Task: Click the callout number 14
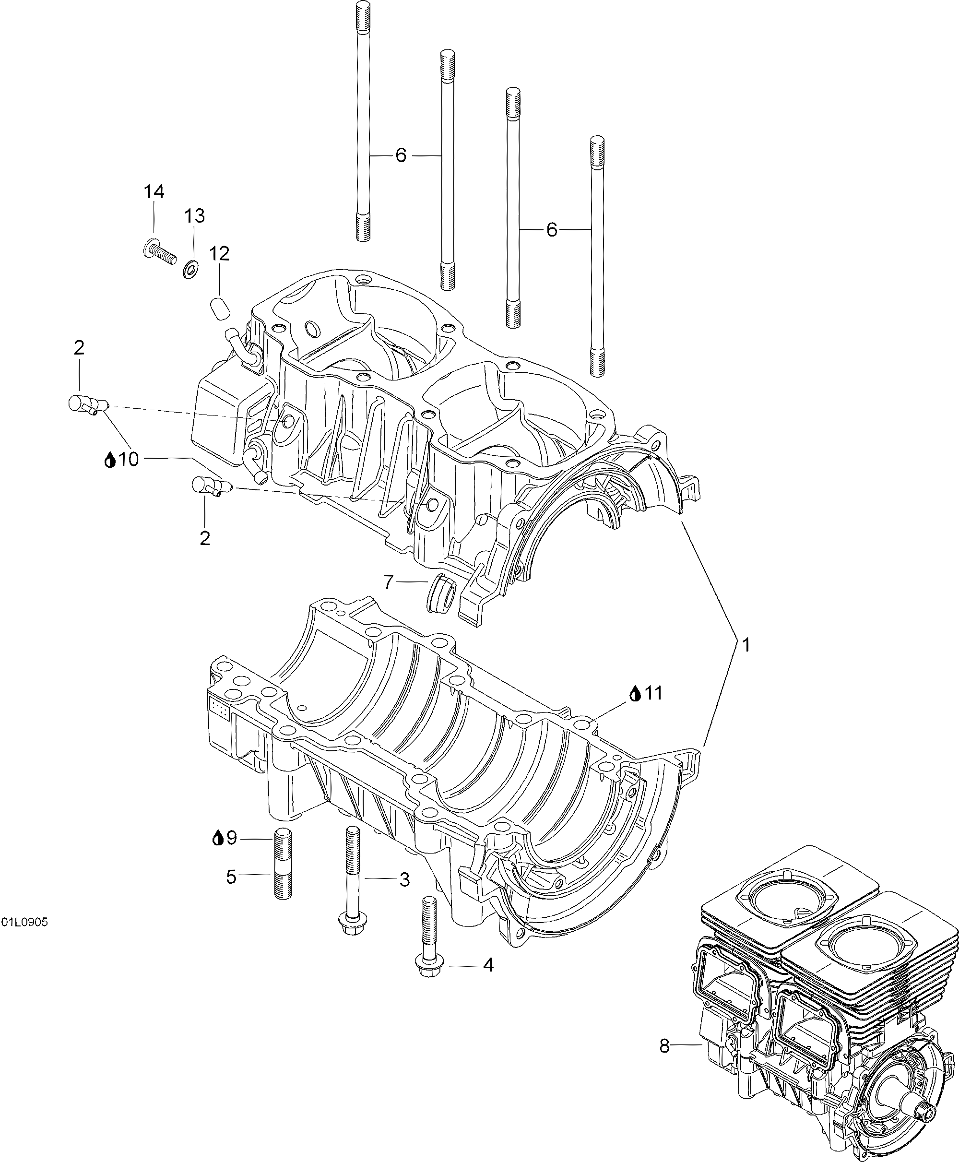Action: point(154,192)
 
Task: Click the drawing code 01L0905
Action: point(24,922)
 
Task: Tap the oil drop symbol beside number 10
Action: point(110,460)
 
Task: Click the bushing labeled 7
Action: point(442,593)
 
